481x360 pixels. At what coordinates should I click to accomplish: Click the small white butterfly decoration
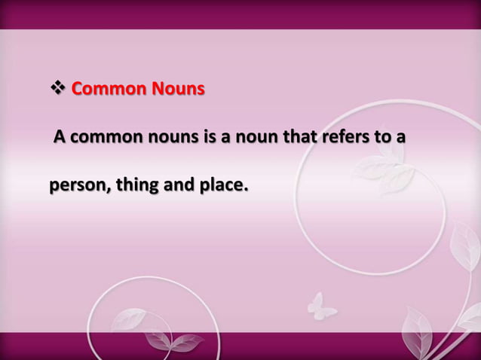click(x=323, y=305)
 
